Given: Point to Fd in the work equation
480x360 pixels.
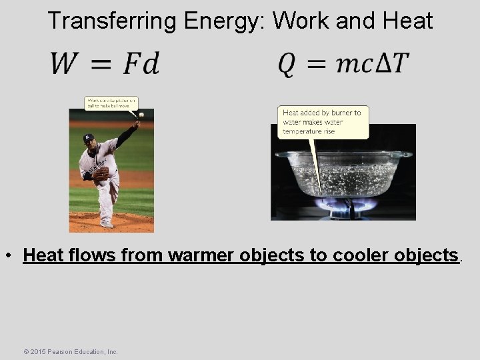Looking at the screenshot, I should [141, 64].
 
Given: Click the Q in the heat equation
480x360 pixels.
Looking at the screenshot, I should [287, 64].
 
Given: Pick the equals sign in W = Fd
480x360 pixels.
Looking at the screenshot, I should [101, 65].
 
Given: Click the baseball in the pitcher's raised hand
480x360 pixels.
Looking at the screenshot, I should [141, 115].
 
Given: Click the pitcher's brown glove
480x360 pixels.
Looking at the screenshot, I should [101, 175].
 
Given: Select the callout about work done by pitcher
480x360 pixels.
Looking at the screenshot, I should [111, 103].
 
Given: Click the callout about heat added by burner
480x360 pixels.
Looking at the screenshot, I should [323, 122].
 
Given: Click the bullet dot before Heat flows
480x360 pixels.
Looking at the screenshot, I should [13, 256].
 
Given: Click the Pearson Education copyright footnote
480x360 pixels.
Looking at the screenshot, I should [70, 351].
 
